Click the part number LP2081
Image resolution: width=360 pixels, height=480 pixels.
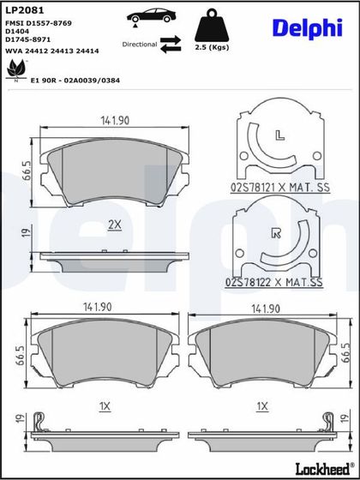[x=25, y=10]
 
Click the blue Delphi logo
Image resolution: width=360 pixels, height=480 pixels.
[x=308, y=29]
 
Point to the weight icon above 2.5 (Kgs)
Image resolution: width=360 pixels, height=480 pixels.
[x=212, y=26]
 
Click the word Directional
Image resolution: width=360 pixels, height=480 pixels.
[x=140, y=45]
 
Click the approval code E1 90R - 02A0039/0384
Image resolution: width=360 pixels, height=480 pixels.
[x=75, y=81]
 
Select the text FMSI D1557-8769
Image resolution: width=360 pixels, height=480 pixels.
[x=39, y=23]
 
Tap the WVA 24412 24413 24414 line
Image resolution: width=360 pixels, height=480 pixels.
[x=52, y=51]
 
